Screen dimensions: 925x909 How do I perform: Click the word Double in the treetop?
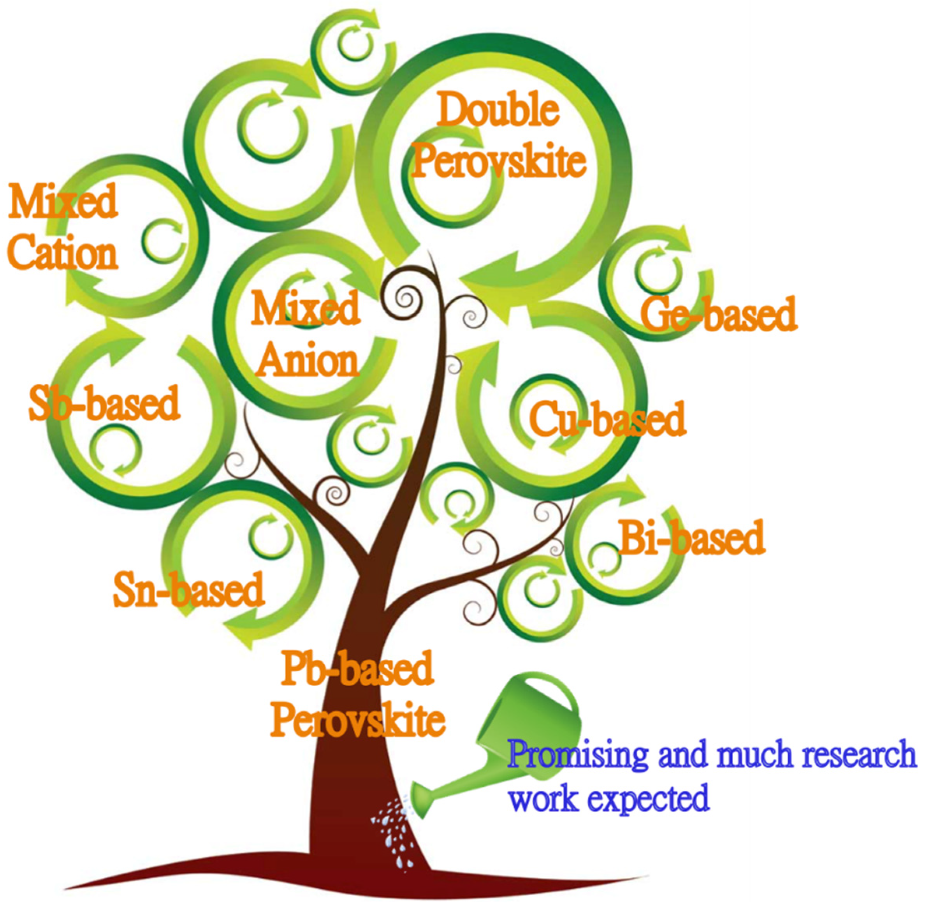pyautogui.click(x=498, y=111)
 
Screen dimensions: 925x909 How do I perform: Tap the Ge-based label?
pyautogui.click(x=718, y=314)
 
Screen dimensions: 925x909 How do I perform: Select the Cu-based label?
pyautogui.click(x=607, y=419)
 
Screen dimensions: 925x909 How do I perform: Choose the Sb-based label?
pyautogui.click(x=104, y=403)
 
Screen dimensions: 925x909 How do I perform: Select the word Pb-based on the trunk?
pyautogui.click(x=357, y=668)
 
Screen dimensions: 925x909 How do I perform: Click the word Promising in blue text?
pyautogui.click(x=577, y=754)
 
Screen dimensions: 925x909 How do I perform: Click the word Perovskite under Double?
pyautogui.click(x=498, y=161)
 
